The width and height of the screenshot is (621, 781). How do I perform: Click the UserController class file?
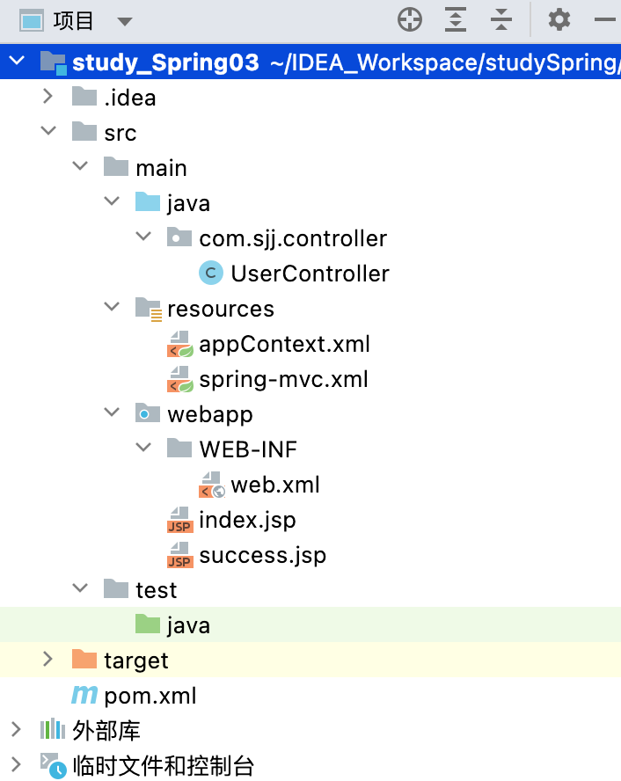pos(309,274)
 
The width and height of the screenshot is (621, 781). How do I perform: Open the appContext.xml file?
pos(283,344)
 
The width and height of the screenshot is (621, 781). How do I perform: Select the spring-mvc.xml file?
pos(282,379)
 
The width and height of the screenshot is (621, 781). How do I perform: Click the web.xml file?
pos(274,485)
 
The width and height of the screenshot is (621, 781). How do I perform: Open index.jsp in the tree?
pos(246,520)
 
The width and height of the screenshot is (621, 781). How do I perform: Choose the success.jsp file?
pos(261,555)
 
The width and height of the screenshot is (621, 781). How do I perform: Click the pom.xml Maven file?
pos(150,696)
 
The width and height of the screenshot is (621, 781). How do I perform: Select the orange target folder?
pos(135,660)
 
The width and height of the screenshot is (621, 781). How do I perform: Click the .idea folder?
pos(128,97)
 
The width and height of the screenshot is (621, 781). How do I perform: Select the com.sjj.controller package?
pos(292,238)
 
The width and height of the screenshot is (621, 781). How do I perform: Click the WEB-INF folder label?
pos(247,449)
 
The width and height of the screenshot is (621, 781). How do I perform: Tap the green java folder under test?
pos(187,625)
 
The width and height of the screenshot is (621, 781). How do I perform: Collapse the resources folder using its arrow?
pos(112,308)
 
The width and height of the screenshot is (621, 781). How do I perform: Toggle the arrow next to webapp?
pos(112,413)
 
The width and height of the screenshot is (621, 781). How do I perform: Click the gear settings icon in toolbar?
pos(559,19)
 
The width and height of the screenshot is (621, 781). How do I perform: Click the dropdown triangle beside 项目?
pos(124,21)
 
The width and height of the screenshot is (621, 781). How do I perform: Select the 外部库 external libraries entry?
pos(106,730)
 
